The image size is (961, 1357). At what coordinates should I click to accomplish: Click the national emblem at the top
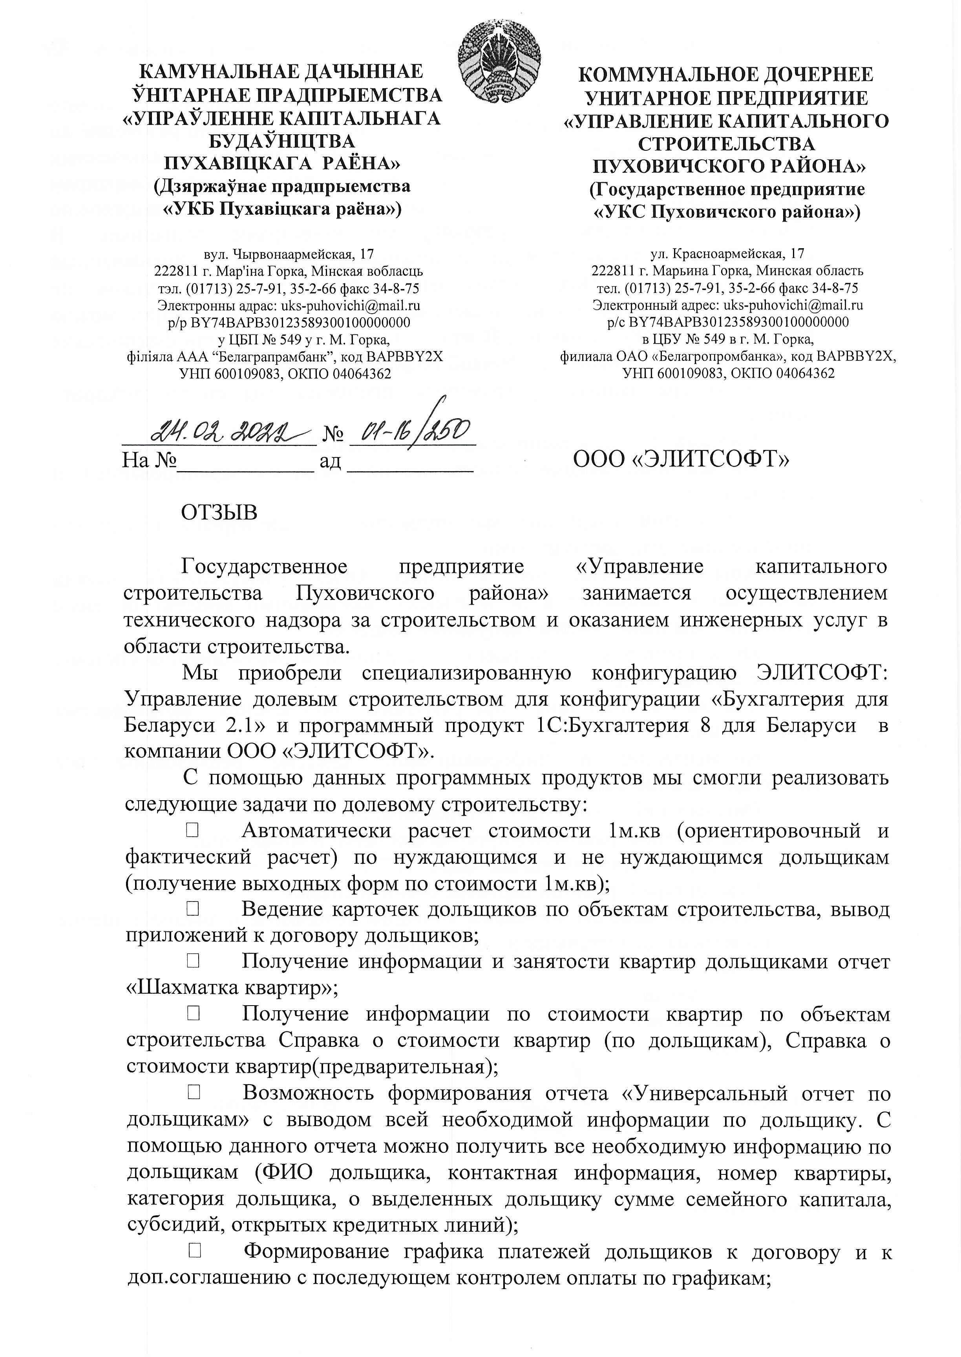499,61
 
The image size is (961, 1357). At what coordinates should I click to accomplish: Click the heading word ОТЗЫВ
219,512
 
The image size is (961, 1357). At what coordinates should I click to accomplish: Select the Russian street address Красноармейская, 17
727,254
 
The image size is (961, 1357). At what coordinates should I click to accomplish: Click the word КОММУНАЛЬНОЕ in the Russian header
656,75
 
